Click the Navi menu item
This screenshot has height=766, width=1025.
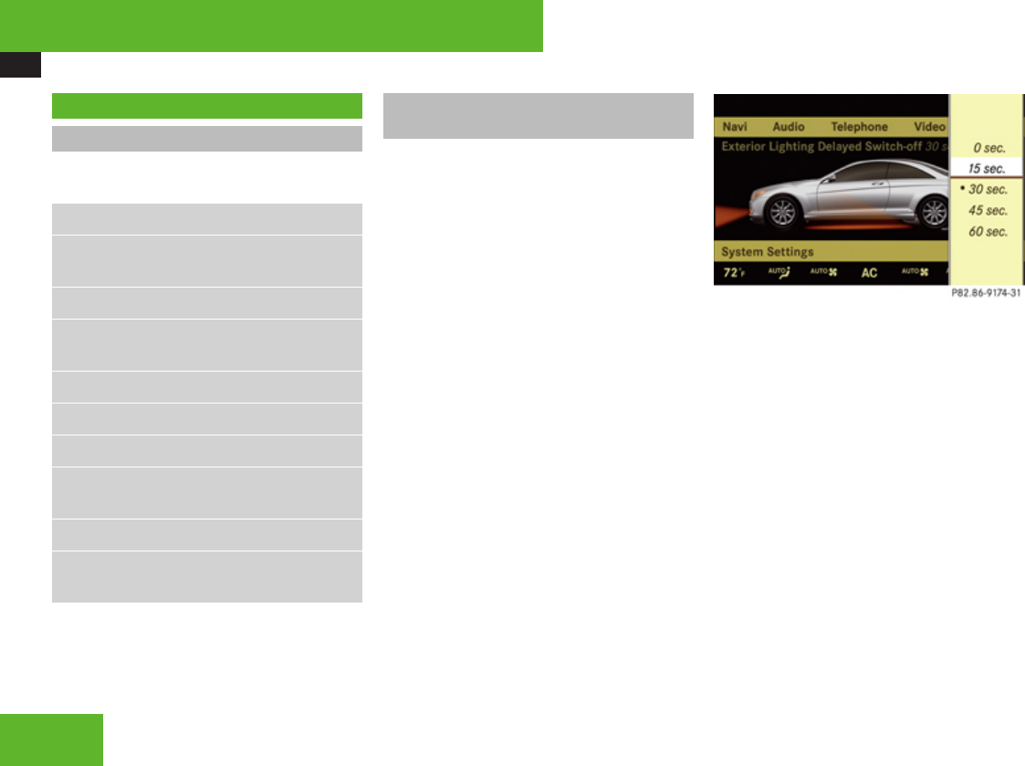click(x=734, y=127)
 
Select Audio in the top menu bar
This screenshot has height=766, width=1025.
click(x=789, y=127)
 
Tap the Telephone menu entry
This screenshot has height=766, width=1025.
click(x=859, y=127)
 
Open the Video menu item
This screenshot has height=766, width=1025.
click(x=929, y=127)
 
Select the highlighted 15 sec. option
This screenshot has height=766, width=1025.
click(x=987, y=169)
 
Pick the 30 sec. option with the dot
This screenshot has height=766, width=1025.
click(x=987, y=190)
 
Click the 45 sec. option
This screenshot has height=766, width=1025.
click(x=988, y=211)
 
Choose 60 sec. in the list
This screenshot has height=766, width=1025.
click(x=988, y=232)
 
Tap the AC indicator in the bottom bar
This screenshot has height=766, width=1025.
click(x=869, y=273)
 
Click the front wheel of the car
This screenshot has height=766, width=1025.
click(x=782, y=213)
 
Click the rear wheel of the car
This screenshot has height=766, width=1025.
click(x=934, y=213)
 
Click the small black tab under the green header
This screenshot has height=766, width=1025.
click(x=20, y=64)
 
